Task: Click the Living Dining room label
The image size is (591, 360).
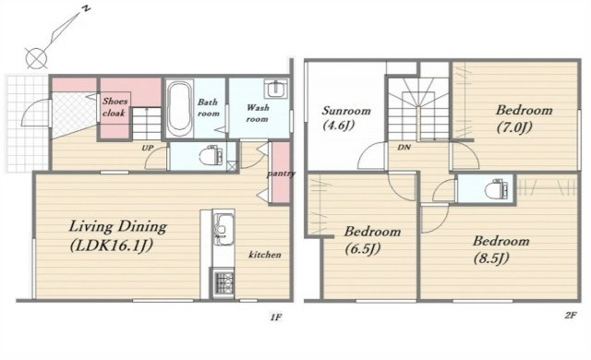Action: [x=117, y=227]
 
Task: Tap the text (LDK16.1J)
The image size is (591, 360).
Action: [x=112, y=246]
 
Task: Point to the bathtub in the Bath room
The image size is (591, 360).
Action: [x=179, y=108]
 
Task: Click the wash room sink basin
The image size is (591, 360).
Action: [x=276, y=89]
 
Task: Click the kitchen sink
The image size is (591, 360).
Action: [x=223, y=227]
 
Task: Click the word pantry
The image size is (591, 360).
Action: [x=281, y=174]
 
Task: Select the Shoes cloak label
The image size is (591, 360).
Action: [x=115, y=106]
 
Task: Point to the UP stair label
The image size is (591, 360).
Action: [x=148, y=148]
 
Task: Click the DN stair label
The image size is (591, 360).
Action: [x=404, y=148]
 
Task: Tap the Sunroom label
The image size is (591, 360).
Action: [x=346, y=111]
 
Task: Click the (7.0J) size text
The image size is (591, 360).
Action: [x=514, y=127]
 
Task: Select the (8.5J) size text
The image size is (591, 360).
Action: [x=492, y=258]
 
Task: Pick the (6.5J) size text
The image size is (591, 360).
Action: [x=363, y=249]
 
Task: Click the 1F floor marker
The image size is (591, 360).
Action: [x=275, y=317]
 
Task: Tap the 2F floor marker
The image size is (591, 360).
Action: [x=571, y=316]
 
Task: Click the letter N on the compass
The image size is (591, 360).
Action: [x=86, y=10]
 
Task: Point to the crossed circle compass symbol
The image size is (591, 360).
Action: [x=36, y=58]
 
